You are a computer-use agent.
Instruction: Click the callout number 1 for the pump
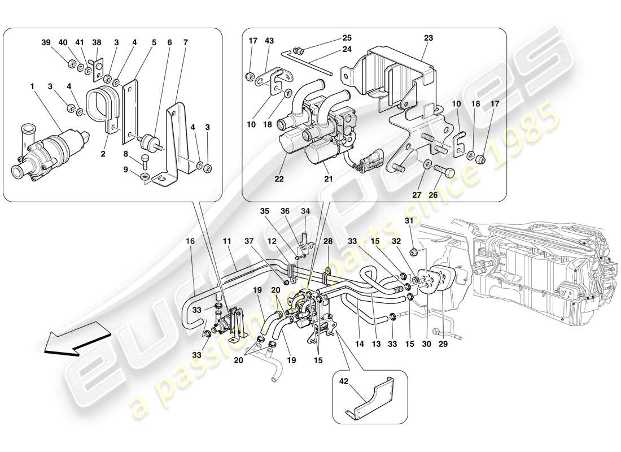(x=32, y=86)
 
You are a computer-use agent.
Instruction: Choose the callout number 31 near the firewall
(x=409, y=220)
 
